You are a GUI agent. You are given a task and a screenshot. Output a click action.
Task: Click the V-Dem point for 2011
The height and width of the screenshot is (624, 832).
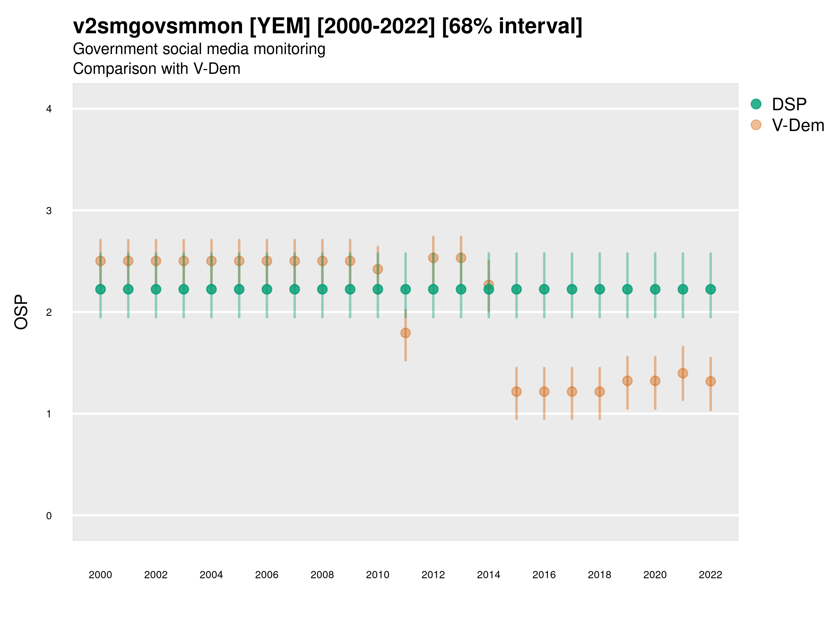406,333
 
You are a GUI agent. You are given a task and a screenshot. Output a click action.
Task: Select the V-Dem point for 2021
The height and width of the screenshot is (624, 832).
683,373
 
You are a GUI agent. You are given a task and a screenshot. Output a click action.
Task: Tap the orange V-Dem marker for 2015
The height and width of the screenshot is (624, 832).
517,391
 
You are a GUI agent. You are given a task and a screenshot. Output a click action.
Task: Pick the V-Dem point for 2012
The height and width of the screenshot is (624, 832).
433,258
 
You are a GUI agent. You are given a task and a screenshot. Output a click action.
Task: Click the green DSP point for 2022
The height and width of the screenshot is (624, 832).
711,289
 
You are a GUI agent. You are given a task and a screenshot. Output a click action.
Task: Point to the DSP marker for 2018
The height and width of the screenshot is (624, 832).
599,289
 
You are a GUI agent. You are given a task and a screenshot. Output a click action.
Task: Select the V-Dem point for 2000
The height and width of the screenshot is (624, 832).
101,261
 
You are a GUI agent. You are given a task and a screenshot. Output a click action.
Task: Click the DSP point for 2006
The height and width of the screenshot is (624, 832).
267,289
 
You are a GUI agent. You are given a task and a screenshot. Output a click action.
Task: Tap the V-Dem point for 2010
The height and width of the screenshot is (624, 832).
378,269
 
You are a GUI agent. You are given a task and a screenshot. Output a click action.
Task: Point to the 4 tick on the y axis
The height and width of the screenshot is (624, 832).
49,109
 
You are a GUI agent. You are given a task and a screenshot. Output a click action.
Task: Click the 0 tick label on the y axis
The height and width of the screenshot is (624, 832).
49,516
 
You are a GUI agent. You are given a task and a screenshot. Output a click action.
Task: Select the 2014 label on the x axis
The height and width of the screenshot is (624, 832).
488,575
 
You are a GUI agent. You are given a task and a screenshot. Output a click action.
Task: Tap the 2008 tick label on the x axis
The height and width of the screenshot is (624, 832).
322,575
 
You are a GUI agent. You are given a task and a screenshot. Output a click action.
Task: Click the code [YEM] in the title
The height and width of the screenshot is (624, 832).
279,26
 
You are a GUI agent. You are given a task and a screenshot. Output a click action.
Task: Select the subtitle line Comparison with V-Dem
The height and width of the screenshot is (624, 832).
156,69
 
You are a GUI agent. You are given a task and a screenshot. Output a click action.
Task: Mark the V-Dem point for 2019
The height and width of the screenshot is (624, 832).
627,381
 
